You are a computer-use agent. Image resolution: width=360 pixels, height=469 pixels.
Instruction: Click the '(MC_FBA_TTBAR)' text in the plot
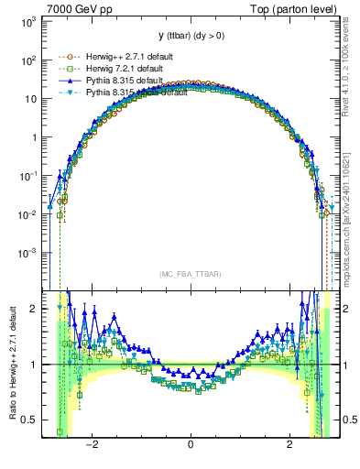coord(190,273)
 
